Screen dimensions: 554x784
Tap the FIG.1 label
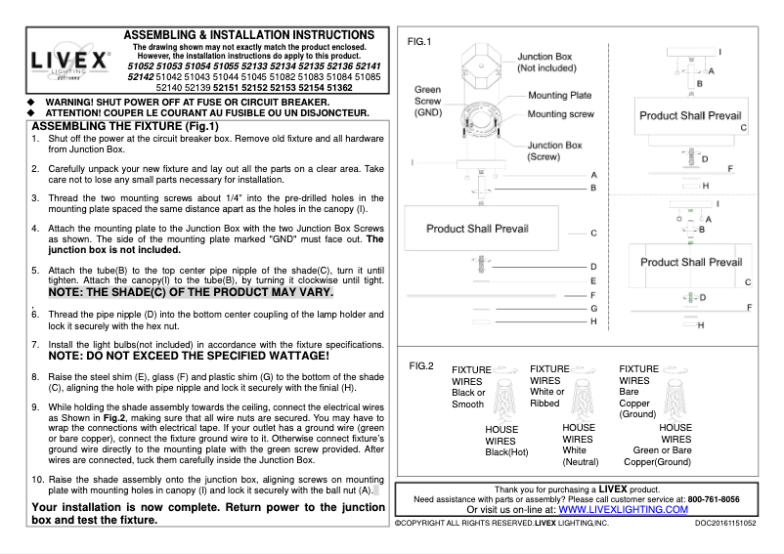pos(418,41)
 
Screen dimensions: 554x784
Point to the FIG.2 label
pos(420,365)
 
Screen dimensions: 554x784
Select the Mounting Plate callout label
pos(561,96)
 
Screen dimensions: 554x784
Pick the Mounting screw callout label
pos(564,114)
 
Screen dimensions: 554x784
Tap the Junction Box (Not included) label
pos(552,63)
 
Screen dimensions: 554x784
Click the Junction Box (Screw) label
pos(554,150)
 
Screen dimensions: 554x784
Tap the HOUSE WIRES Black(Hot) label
pos(505,440)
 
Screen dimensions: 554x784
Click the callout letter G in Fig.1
pos(593,308)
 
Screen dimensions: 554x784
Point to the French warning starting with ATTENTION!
pos(207,112)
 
